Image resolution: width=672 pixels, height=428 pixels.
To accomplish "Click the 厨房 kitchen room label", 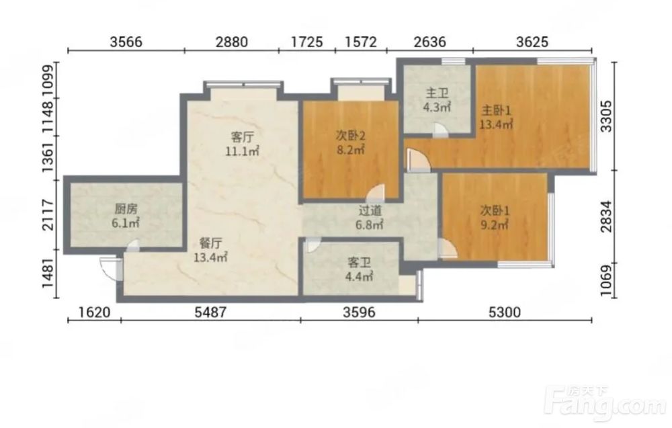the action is [x=126, y=209].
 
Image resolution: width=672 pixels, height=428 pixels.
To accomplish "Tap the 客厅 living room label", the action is [x=243, y=137].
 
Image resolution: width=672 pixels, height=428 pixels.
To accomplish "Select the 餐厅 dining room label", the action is [x=211, y=243].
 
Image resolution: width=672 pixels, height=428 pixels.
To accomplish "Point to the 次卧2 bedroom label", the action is [x=350, y=136].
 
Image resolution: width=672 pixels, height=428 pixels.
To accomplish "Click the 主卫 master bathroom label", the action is [x=437, y=93].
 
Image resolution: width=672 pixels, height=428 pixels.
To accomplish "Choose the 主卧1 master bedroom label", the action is [x=497, y=111].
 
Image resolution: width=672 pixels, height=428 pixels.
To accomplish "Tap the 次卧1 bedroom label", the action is [x=495, y=210].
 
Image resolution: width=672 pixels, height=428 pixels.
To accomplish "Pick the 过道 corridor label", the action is [x=370, y=210].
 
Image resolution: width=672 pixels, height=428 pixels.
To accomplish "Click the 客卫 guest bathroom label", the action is [x=359, y=262].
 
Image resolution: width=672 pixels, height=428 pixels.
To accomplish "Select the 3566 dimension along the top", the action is [x=126, y=42].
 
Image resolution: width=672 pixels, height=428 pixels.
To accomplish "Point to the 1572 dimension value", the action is [x=361, y=42].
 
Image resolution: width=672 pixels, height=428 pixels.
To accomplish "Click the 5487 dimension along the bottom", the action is [x=210, y=312].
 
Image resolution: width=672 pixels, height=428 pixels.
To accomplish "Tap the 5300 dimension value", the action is [x=505, y=312].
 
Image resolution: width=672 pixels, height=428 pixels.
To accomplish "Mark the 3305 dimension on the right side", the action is [x=606, y=116].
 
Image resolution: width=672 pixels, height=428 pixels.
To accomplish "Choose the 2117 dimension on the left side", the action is [x=48, y=214].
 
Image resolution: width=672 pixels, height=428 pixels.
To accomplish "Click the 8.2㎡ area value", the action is [x=350, y=150].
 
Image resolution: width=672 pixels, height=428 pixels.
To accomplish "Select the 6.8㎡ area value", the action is [x=370, y=224].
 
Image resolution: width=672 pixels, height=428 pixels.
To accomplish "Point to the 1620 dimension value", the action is [x=94, y=312].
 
